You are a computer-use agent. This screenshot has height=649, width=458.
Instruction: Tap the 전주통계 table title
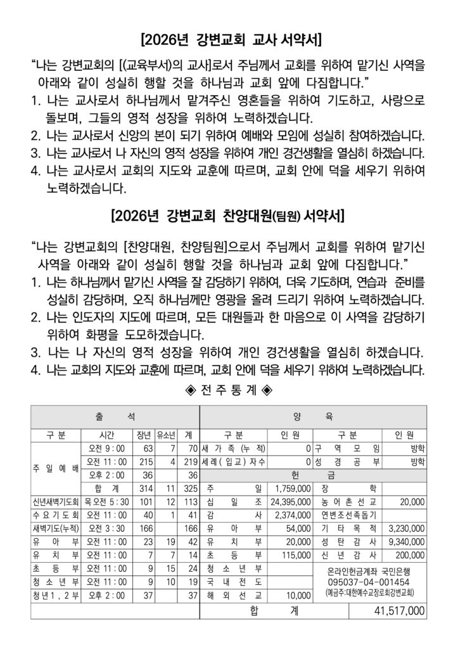click(229, 389)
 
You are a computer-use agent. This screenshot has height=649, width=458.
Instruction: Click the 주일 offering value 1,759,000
click(292, 487)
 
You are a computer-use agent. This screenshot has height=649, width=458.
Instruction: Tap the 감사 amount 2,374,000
click(292, 514)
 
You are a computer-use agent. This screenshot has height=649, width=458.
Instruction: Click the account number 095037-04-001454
click(369, 582)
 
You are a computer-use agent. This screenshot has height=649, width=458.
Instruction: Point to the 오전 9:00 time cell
click(103, 448)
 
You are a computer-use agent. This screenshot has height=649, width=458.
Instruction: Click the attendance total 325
click(188, 487)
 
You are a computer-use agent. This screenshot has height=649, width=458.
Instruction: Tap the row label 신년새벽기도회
click(54, 501)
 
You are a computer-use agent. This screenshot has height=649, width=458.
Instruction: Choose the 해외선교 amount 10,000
click(297, 595)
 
